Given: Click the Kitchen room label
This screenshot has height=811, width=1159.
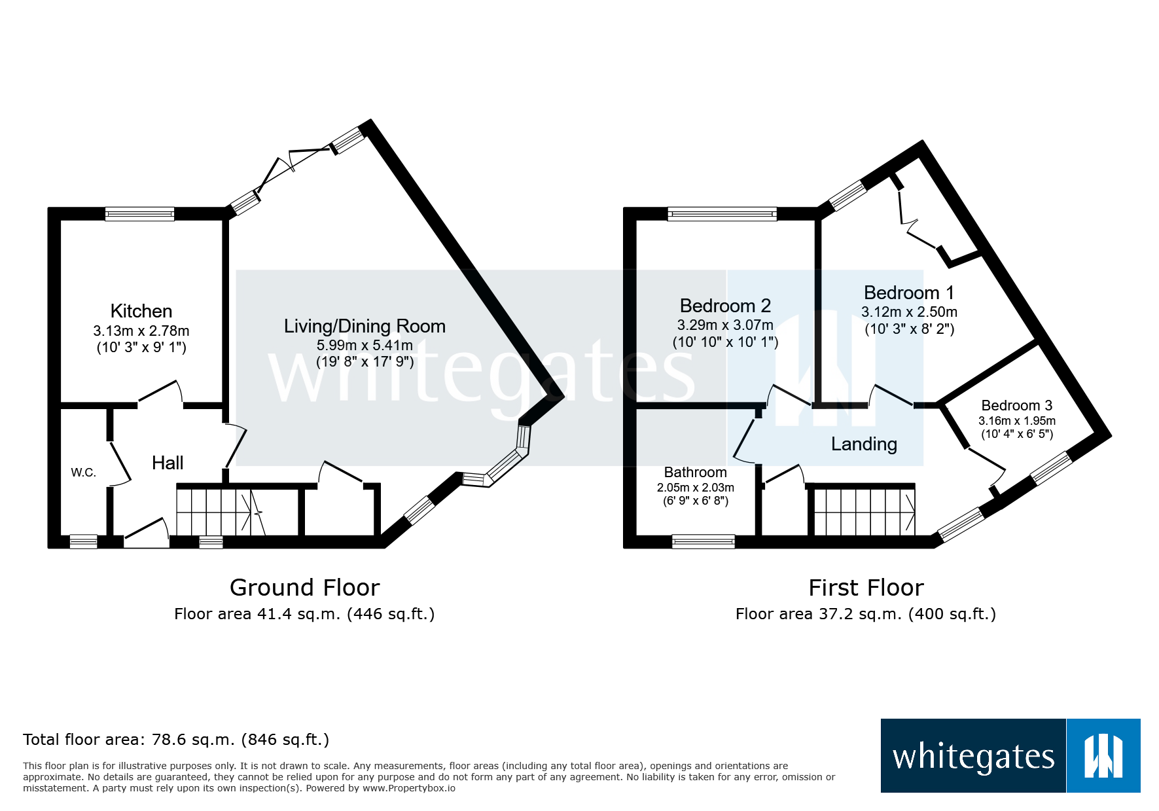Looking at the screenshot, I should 141,311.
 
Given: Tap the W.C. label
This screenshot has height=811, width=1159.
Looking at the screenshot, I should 84,473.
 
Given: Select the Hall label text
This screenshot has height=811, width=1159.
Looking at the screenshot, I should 168,463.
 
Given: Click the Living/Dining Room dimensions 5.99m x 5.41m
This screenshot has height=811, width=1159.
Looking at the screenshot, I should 365,345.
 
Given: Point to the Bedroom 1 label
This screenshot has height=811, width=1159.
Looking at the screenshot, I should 909,293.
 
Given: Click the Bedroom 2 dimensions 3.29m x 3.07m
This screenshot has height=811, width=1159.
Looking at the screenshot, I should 725,325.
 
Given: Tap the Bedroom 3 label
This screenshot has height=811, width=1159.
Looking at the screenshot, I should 1016,405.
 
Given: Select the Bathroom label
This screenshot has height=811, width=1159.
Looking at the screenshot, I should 695,472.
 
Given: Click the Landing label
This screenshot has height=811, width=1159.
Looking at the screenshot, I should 864,444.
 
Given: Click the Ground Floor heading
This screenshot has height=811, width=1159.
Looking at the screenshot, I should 304,587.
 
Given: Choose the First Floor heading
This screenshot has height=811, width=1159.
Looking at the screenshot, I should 866,587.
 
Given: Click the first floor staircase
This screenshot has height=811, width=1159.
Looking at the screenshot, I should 864,513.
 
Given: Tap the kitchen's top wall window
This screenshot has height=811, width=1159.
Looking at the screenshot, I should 140,213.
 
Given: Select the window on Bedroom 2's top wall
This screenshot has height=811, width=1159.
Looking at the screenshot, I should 722,213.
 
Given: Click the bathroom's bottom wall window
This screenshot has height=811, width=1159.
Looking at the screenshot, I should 704,541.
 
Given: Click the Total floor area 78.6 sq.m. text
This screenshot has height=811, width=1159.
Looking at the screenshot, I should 175,740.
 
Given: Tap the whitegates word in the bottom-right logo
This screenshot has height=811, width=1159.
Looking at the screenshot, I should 973,757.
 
